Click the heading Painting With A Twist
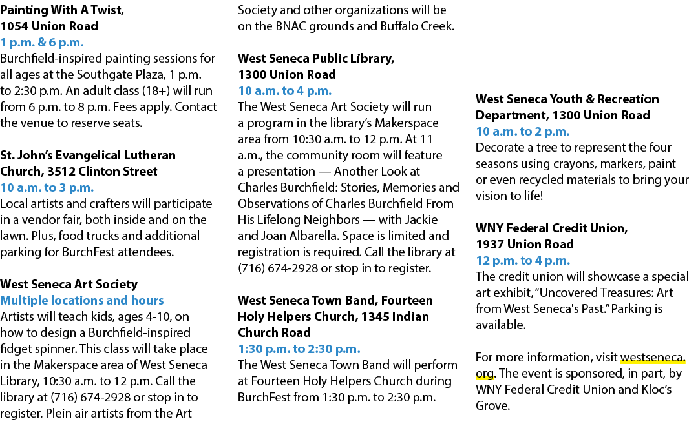click(61, 10)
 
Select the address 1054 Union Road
click(49, 26)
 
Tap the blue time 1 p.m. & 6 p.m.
click(42, 43)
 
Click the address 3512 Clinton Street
click(102, 172)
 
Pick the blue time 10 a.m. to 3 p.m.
click(47, 188)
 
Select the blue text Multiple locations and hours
click(82, 301)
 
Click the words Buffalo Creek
click(417, 26)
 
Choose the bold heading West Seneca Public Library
click(316, 59)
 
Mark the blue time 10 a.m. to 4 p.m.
click(285, 91)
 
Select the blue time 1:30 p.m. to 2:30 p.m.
click(299, 349)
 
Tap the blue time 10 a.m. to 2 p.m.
click(523, 132)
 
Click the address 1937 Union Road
click(525, 245)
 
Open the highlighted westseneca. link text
click(653, 358)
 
